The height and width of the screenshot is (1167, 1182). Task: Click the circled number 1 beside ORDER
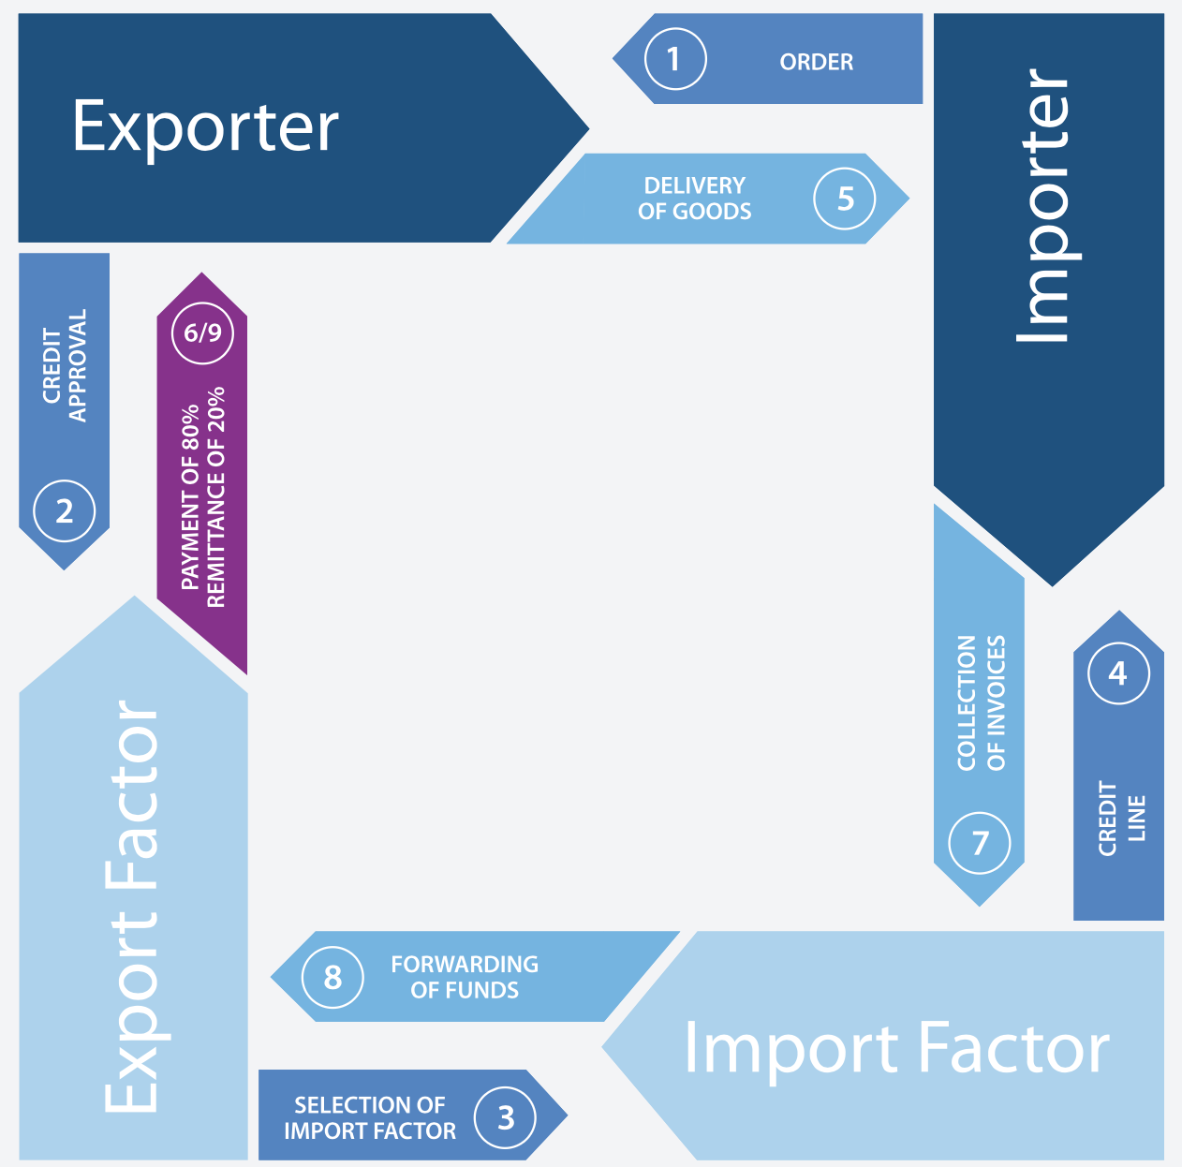675,59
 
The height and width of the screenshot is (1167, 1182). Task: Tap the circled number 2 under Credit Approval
64,511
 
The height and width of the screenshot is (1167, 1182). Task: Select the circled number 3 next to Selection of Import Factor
506,1116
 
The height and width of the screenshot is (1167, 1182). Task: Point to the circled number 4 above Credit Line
1118,673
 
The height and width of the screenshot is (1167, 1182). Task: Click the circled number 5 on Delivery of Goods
845,199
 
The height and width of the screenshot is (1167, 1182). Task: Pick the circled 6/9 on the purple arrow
202,332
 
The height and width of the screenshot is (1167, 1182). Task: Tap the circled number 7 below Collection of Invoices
980,843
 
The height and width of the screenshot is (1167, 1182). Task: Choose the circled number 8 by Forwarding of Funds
332,977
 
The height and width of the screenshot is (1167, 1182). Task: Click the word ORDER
816,62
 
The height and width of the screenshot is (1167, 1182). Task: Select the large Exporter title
205,126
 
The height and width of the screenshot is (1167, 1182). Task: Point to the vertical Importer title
1045,206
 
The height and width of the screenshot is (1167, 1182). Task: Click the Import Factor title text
896,1048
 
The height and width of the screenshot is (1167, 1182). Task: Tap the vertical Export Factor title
132,907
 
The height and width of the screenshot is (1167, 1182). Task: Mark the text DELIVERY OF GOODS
694,199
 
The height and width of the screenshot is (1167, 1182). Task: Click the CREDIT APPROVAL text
65,366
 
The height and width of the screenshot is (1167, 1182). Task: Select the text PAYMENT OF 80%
191,496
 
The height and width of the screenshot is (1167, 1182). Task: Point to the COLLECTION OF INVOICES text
981,702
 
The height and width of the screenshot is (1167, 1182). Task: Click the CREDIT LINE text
1121,818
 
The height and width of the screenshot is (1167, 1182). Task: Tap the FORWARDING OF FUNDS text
465,977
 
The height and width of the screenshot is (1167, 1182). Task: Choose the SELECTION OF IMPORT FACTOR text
370,1117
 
